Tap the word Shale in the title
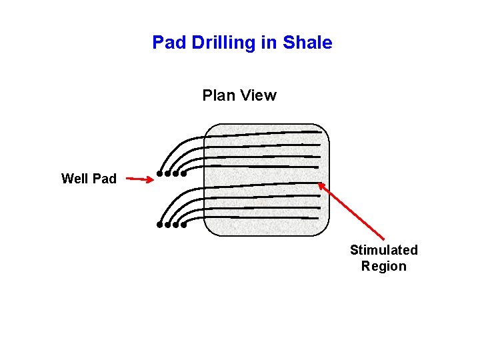(307, 43)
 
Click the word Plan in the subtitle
(217, 95)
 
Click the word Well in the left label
(75, 179)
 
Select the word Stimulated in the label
(383, 250)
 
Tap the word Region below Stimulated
(383, 266)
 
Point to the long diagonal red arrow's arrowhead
(321, 186)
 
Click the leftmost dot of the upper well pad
(160, 174)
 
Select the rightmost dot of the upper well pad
(184, 174)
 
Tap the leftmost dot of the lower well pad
(160, 225)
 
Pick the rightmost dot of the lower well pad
(184, 225)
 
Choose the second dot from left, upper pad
(168, 174)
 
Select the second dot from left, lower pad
(168, 225)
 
